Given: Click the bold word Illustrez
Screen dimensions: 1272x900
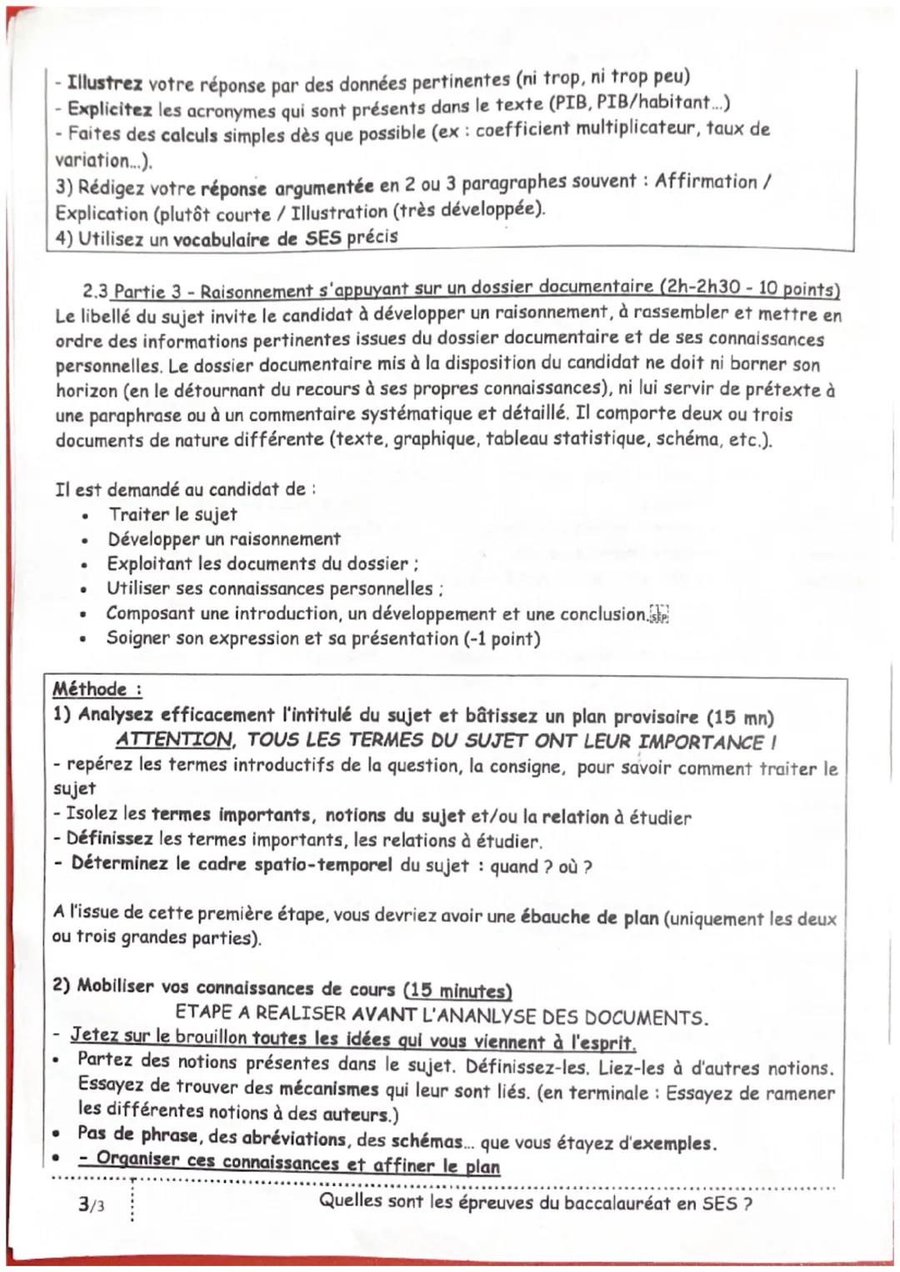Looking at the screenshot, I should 105,84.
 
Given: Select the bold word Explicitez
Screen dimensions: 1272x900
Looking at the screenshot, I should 109,109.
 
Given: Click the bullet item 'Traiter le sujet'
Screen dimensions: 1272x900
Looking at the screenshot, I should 172,514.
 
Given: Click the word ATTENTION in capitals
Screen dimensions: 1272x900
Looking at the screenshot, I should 174,740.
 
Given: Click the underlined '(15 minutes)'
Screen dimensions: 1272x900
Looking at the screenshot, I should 457,990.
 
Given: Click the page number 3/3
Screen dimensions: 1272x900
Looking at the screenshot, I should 92,1205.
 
